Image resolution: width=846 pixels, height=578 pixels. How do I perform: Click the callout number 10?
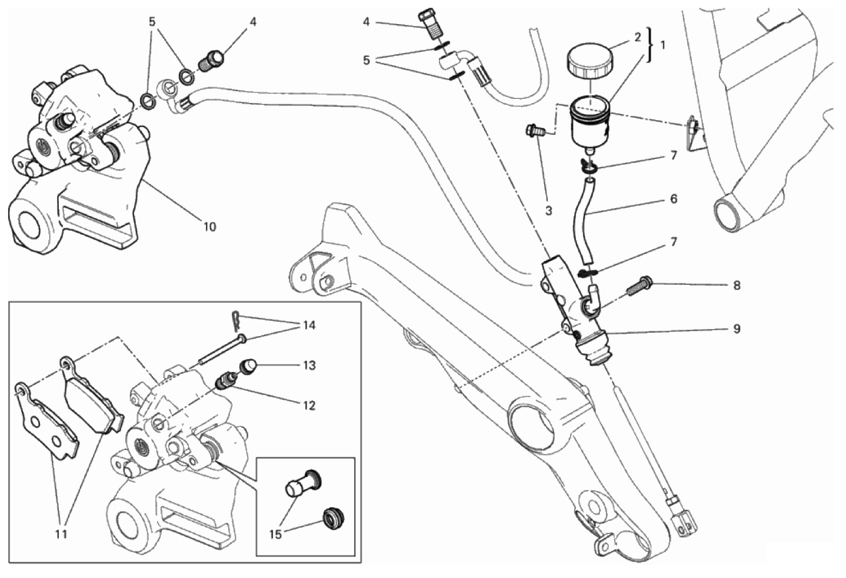(209, 227)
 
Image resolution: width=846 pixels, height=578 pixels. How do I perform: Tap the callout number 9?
(737, 328)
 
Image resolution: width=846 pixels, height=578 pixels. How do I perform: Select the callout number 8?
(737, 285)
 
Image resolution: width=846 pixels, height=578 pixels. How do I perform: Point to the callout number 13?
(309, 366)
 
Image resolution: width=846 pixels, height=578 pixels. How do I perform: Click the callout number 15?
(276, 534)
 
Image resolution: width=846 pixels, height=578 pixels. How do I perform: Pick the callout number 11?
(61, 534)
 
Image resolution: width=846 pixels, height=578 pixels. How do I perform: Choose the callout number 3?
(548, 211)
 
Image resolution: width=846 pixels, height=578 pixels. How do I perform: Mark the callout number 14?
(309, 325)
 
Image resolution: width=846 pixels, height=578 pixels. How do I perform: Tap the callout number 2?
(637, 38)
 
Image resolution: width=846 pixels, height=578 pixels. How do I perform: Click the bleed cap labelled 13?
(246, 367)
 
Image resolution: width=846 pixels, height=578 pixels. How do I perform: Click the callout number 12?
(309, 406)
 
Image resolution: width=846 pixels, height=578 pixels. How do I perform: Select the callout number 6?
(674, 199)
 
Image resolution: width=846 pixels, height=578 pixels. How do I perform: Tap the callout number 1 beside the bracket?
(663, 45)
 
